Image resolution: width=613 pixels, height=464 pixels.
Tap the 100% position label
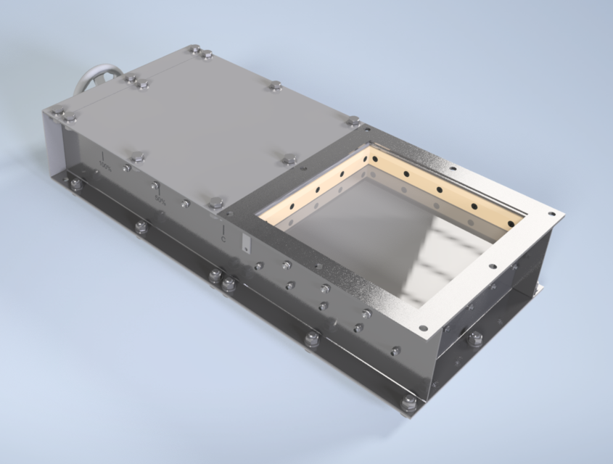click(x=106, y=167)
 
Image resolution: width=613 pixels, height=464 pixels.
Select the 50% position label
click(x=159, y=200)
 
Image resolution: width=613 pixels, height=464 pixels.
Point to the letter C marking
click(x=223, y=238)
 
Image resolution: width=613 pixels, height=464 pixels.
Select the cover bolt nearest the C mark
click(x=216, y=202)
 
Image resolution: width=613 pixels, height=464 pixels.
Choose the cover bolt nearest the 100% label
click(x=138, y=156)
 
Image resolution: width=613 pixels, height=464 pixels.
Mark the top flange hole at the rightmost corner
click(x=551, y=214)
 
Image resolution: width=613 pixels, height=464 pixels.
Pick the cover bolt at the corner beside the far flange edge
click(x=353, y=120)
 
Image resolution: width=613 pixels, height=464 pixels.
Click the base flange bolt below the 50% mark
click(x=141, y=227)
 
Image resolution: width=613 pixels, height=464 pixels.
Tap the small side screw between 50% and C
click(x=186, y=204)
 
